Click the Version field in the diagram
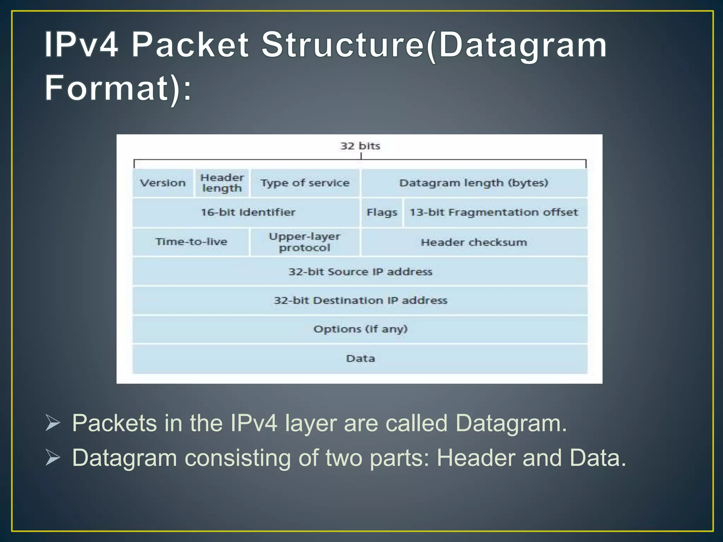tap(163, 183)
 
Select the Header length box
tap(222, 183)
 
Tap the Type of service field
tap(305, 183)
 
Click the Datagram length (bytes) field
tap(474, 183)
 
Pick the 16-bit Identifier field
tap(248, 212)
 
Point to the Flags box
tap(382, 212)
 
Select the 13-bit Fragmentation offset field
tap(494, 212)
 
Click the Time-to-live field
tap(191, 242)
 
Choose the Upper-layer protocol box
tap(305, 242)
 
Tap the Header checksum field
tap(474, 242)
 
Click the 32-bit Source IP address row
tap(360, 272)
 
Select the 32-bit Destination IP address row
tap(360, 301)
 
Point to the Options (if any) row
tap(360, 329)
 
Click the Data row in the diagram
tap(360, 359)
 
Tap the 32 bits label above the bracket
tap(360, 146)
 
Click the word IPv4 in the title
tap(81, 45)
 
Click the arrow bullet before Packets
tap(53, 423)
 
